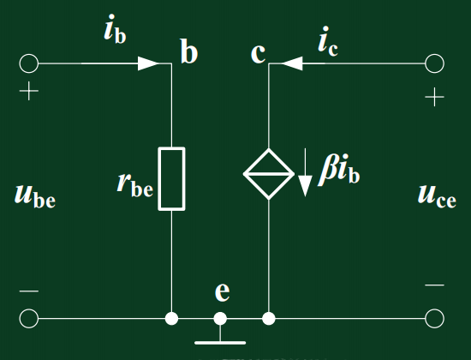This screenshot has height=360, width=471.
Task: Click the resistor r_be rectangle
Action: (173, 178)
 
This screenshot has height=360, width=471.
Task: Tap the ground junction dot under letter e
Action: (221, 319)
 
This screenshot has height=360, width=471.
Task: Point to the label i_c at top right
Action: (327, 39)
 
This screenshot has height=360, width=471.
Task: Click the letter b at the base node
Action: (188, 53)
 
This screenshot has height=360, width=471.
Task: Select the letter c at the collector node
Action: (258, 53)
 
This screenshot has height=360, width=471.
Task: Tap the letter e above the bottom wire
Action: (222, 291)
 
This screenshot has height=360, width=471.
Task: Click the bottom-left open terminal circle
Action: (29, 319)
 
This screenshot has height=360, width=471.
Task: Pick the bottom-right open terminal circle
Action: (434, 319)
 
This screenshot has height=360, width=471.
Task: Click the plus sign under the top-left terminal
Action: (29, 92)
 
